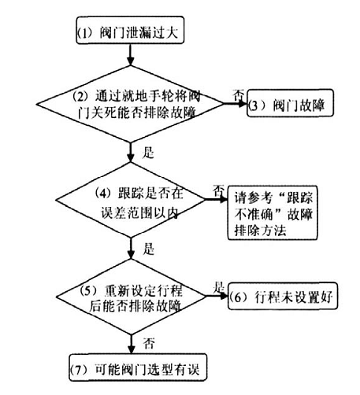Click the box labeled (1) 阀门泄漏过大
click(x=130, y=30)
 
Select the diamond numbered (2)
click(x=130, y=104)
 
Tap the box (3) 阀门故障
click(x=290, y=103)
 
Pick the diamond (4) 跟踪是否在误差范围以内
click(x=131, y=200)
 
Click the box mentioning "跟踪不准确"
click(x=273, y=212)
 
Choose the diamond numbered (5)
click(x=131, y=297)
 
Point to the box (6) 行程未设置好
click(x=283, y=296)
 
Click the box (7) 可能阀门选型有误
click(x=138, y=367)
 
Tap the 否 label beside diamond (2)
click(x=239, y=95)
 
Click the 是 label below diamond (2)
click(x=148, y=153)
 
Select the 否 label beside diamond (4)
click(x=218, y=190)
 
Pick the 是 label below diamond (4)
click(x=149, y=249)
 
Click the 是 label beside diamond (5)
click(x=218, y=287)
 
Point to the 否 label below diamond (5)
click(x=149, y=343)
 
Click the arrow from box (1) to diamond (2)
click(x=131, y=54)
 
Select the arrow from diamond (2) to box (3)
click(x=236, y=104)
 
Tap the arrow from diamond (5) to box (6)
click(x=217, y=297)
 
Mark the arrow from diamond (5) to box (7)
click(x=131, y=345)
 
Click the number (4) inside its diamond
click(x=102, y=193)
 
